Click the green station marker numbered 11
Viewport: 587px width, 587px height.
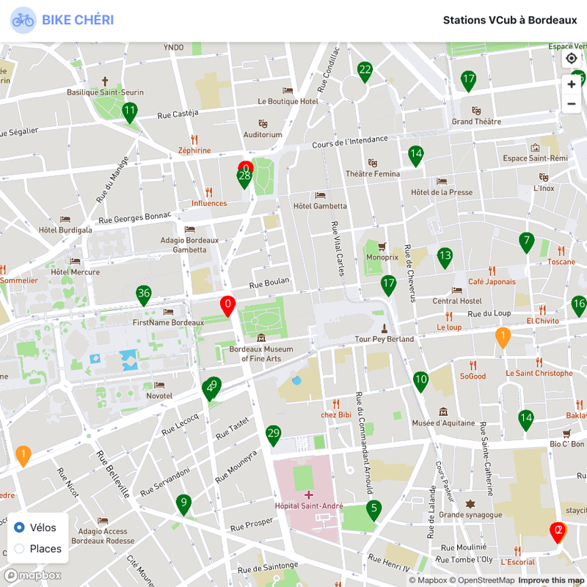point(130,112)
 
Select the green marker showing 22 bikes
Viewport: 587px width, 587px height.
point(365,70)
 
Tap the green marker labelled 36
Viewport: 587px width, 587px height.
point(144,294)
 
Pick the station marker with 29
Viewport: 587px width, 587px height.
point(274,434)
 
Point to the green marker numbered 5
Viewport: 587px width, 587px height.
point(373,508)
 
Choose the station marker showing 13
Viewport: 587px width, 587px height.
point(445,256)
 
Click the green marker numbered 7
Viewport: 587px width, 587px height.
point(526,241)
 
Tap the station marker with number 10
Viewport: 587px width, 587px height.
point(420,380)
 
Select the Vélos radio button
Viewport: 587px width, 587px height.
point(20,528)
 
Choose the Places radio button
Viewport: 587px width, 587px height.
point(20,548)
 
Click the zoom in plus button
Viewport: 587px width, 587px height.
point(572,84)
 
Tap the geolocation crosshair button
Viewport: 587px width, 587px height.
point(572,59)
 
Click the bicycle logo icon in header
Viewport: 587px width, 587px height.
point(23,21)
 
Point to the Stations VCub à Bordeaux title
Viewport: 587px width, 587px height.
point(509,21)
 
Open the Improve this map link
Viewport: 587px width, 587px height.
point(551,580)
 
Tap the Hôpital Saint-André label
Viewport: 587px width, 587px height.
point(309,506)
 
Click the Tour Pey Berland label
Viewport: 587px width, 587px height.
point(384,339)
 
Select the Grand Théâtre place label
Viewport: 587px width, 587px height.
point(476,121)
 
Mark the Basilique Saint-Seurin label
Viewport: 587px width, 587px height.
point(105,92)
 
